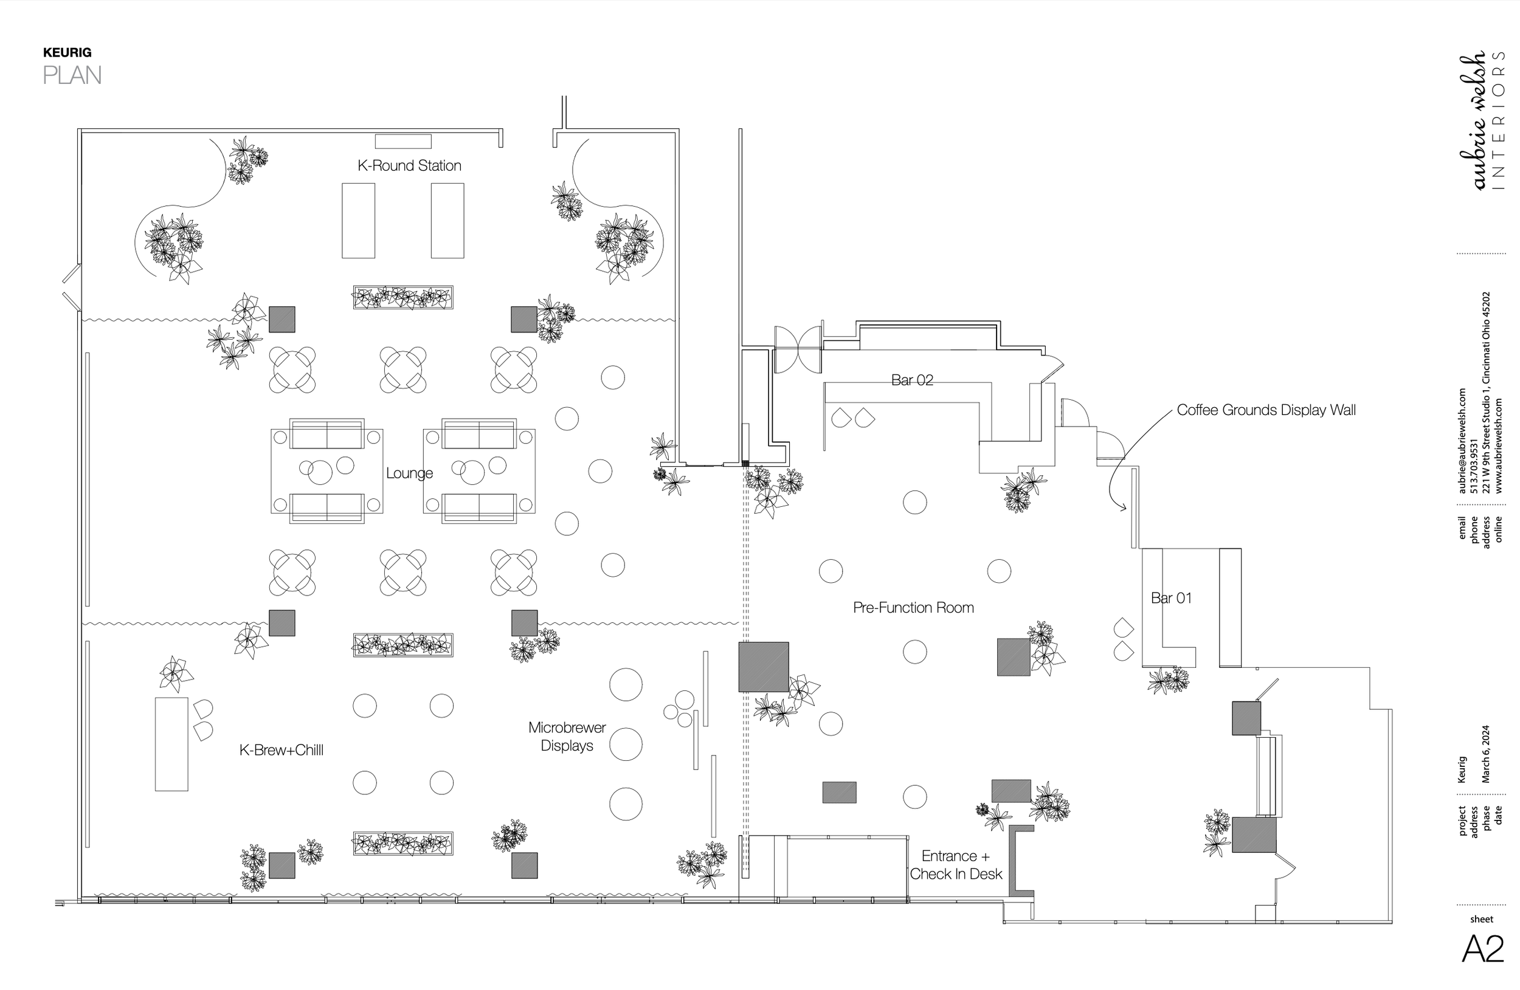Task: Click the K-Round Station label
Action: click(409, 166)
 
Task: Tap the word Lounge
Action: click(409, 473)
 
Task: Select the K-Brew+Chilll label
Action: click(281, 750)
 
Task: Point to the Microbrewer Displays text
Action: click(567, 737)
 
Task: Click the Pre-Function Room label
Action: click(913, 608)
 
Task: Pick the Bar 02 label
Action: click(912, 380)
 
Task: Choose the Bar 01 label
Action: click(1170, 598)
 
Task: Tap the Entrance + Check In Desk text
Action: click(956, 865)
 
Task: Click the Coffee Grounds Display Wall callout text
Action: click(1266, 410)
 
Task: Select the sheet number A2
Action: click(1482, 949)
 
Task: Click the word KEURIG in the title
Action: click(67, 52)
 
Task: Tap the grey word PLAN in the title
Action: click(72, 75)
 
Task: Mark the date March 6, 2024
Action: click(1485, 754)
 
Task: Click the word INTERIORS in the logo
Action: click(1498, 120)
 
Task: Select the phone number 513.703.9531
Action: click(1474, 466)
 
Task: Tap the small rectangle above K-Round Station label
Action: click(403, 141)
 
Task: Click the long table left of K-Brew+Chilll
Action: click(171, 744)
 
